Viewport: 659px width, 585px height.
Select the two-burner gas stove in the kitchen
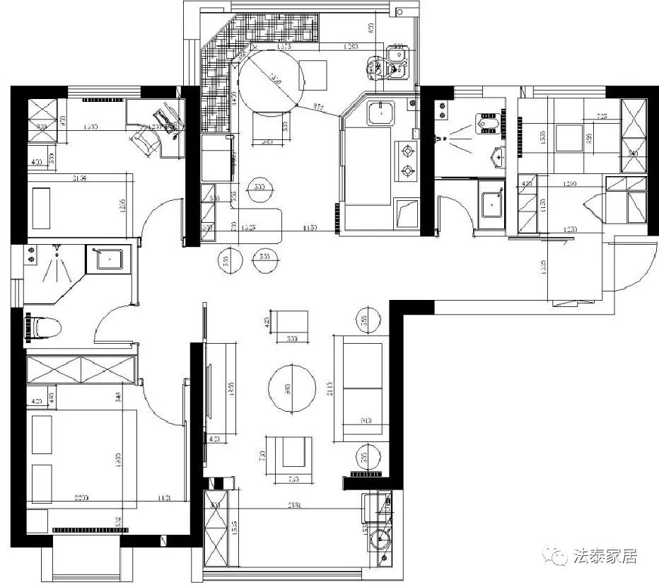(x=408, y=160)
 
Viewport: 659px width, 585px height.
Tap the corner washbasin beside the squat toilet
(x=498, y=156)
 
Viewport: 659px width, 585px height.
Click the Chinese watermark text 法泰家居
(x=605, y=556)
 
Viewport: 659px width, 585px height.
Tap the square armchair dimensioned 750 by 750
(x=293, y=452)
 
